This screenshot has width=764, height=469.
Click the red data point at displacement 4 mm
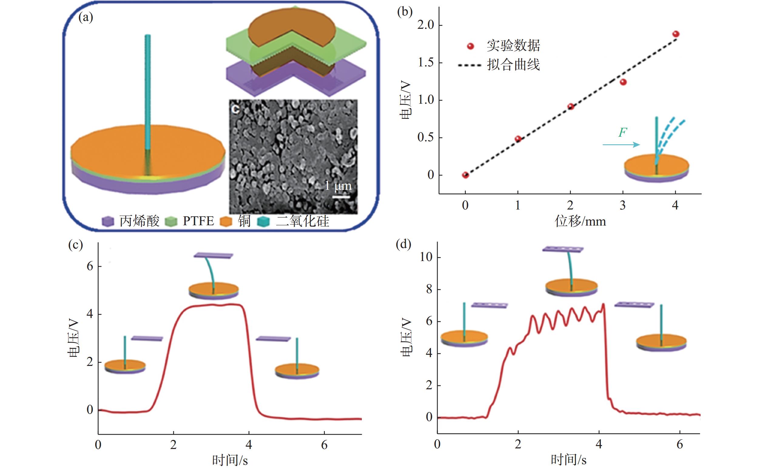[x=675, y=34]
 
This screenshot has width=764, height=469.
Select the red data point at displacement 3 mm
[x=623, y=82]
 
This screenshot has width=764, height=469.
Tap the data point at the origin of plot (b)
[x=465, y=175]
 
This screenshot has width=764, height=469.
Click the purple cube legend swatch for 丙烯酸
[x=108, y=222]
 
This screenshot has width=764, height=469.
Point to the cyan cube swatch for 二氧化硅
[x=263, y=222]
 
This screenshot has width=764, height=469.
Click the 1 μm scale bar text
[x=338, y=186]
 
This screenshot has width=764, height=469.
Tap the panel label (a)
[x=86, y=17]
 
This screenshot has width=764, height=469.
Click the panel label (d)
[x=403, y=245]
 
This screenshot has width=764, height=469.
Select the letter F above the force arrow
[x=622, y=132]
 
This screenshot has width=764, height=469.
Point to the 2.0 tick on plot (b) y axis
[x=426, y=25]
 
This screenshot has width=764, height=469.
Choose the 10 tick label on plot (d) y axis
[x=426, y=257]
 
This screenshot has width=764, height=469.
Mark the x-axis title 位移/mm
[x=580, y=222]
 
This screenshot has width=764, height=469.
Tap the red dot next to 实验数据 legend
[x=470, y=46]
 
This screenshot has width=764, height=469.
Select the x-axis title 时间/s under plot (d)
[x=568, y=460]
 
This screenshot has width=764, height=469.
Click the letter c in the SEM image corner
[x=236, y=109]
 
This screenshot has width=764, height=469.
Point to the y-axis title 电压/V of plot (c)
[x=74, y=339]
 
